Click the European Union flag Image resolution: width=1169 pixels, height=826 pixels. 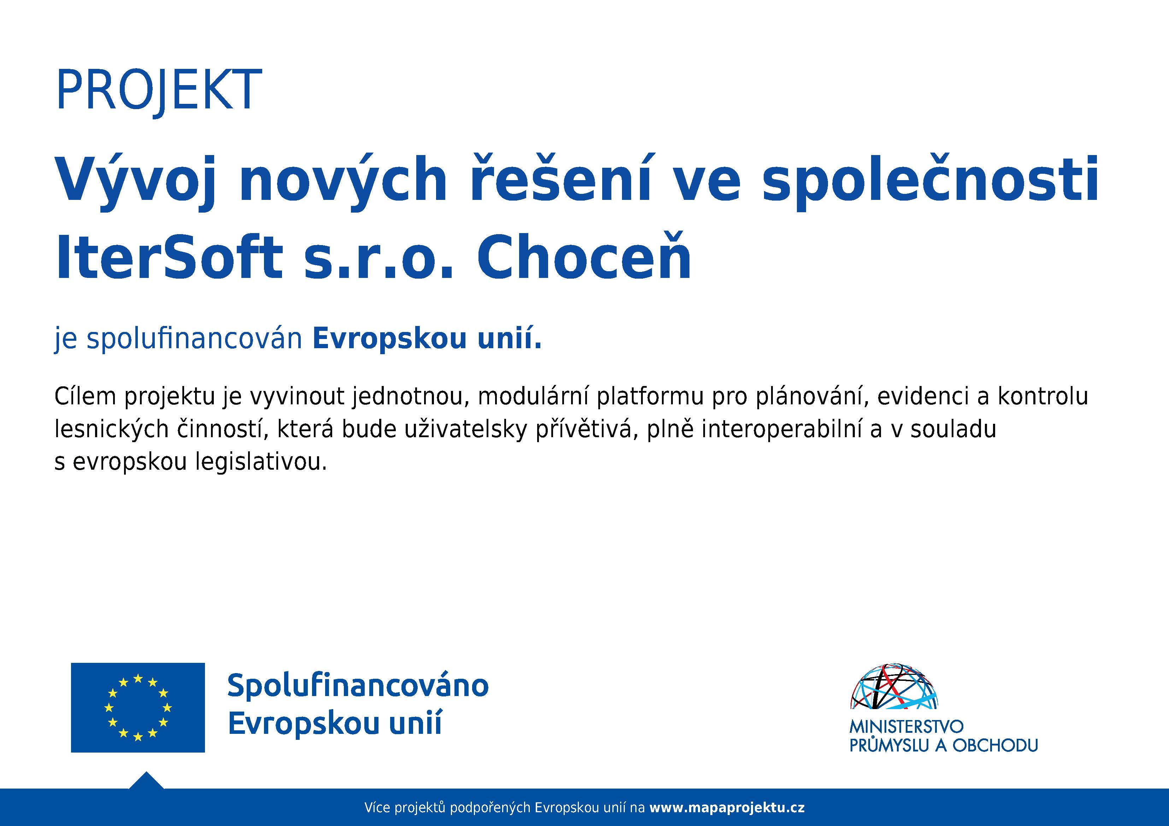tap(137, 707)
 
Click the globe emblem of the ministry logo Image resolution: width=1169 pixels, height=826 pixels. tap(894, 686)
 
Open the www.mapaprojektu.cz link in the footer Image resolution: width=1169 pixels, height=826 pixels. tap(727, 808)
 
